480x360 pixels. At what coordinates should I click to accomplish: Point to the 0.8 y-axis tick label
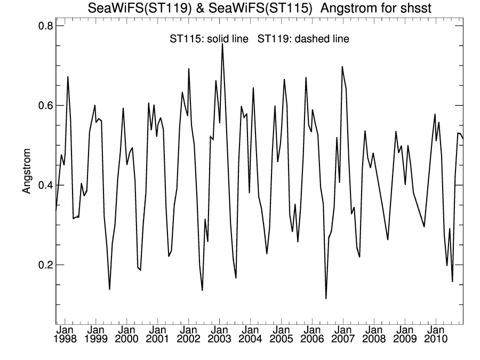click(x=42, y=26)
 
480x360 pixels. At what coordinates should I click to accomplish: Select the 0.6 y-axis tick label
click(x=42, y=106)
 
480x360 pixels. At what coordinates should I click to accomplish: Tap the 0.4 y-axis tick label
click(x=42, y=185)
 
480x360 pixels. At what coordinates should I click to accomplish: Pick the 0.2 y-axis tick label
click(x=42, y=265)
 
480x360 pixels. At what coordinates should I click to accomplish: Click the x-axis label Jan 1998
click(x=65, y=334)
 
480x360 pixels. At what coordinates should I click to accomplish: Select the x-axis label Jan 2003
click(x=220, y=334)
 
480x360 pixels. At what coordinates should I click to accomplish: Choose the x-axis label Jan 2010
click(x=436, y=334)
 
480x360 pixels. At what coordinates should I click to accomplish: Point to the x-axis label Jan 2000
click(x=127, y=334)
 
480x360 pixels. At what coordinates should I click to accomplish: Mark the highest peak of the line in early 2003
click(x=222, y=44)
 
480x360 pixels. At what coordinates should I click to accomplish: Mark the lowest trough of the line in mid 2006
click(x=326, y=299)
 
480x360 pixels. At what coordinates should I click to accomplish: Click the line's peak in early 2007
click(x=342, y=67)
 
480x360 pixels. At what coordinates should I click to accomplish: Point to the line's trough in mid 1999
click(x=109, y=289)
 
